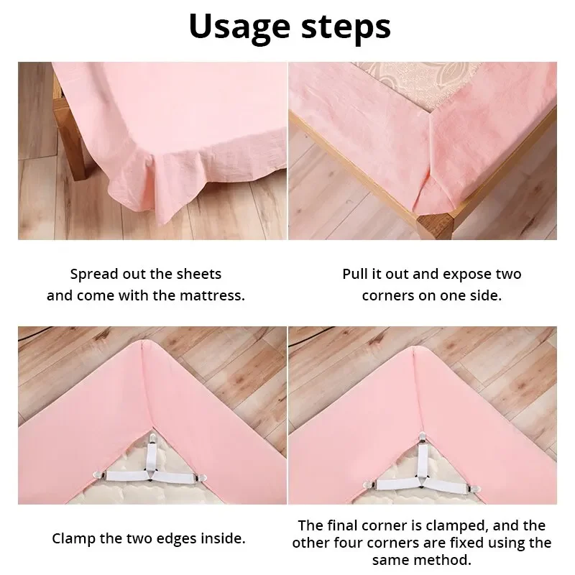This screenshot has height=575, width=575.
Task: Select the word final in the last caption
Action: tap(342, 525)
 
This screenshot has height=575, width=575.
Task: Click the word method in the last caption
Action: tap(451, 559)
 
